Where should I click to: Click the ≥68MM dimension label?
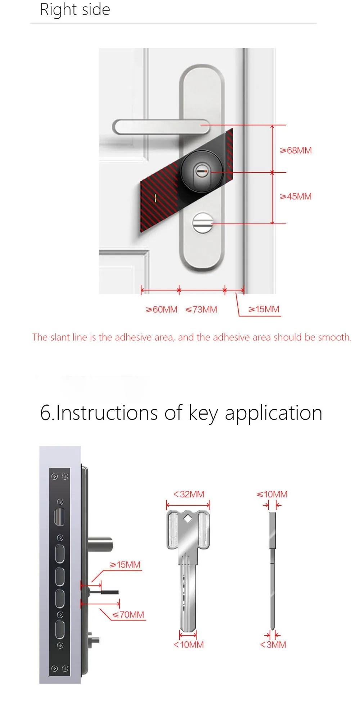[x=296, y=150]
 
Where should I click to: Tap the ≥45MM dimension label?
[x=296, y=197]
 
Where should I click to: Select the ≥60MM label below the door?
[x=162, y=310]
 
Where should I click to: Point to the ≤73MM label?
[x=202, y=310]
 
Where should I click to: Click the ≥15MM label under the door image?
[x=264, y=309]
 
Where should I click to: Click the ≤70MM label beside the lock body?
[x=128, y=614]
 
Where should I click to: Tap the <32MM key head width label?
[x=189, y=494]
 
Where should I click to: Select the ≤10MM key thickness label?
[x=272, y=494]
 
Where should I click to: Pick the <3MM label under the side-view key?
[x=273, y=645]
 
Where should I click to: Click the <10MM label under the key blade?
[x=189, y=645]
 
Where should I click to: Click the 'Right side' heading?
[x=75, y=10]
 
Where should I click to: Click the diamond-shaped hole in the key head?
[x=188, y=519]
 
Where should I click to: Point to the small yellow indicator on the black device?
[x=156, y=198]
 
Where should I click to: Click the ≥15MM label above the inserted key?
[x=125, y=564]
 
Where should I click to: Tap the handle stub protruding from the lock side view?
[x=100, y=544]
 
